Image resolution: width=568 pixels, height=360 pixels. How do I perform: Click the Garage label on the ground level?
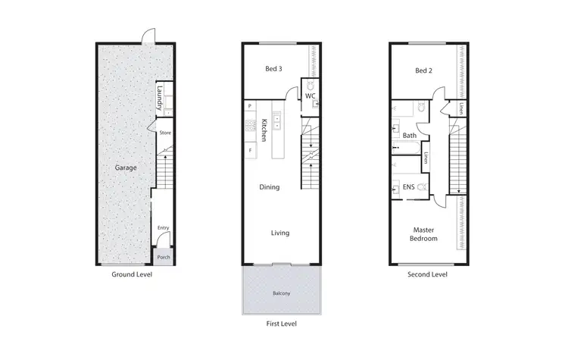126,167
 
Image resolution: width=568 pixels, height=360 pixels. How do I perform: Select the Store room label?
165,133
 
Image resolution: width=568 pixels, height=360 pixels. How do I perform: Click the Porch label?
163,257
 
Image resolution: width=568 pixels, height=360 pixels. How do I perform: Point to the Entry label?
163,227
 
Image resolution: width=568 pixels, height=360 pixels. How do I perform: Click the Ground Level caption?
132,274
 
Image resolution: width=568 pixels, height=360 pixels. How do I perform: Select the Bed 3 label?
273,70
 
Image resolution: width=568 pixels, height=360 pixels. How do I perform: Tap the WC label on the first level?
311,96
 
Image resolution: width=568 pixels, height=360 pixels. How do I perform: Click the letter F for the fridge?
249,151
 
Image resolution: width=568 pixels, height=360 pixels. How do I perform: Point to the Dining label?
270,187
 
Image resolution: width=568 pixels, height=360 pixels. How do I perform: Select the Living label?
280,233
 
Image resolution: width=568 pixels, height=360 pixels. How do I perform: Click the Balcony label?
282,293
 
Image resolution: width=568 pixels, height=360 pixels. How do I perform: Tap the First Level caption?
280,324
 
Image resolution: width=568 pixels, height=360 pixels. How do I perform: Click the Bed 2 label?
423,70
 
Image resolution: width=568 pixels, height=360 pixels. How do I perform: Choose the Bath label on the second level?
410,136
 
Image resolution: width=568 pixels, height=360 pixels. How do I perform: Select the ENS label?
409,186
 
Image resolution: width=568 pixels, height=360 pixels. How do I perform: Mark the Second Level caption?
428,274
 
